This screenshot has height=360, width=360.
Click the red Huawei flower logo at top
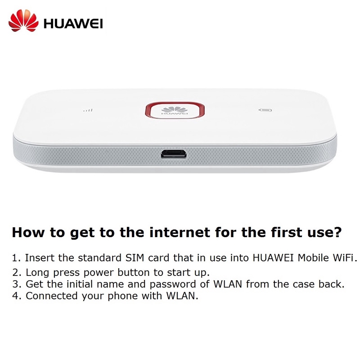tap(23, 21)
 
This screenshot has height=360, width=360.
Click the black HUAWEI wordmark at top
tap(73, 24)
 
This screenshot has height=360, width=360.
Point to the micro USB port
tap(174, 153)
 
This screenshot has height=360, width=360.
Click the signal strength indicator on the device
tap(88, 110)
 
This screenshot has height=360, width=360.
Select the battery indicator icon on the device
tap(265, 110)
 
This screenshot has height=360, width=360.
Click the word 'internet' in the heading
tap(180, 232)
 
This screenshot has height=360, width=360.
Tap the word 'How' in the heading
tap(28, 232)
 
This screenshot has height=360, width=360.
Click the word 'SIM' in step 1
tap(135, 257)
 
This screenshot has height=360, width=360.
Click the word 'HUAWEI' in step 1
tap(273, 257)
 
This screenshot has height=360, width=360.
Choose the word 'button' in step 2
tap(134, 272)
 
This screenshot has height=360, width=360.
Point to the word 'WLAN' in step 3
tap(228, 284)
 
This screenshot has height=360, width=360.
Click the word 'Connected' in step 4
tap(52, 296)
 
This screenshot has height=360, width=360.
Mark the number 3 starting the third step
tap(15, 284)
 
